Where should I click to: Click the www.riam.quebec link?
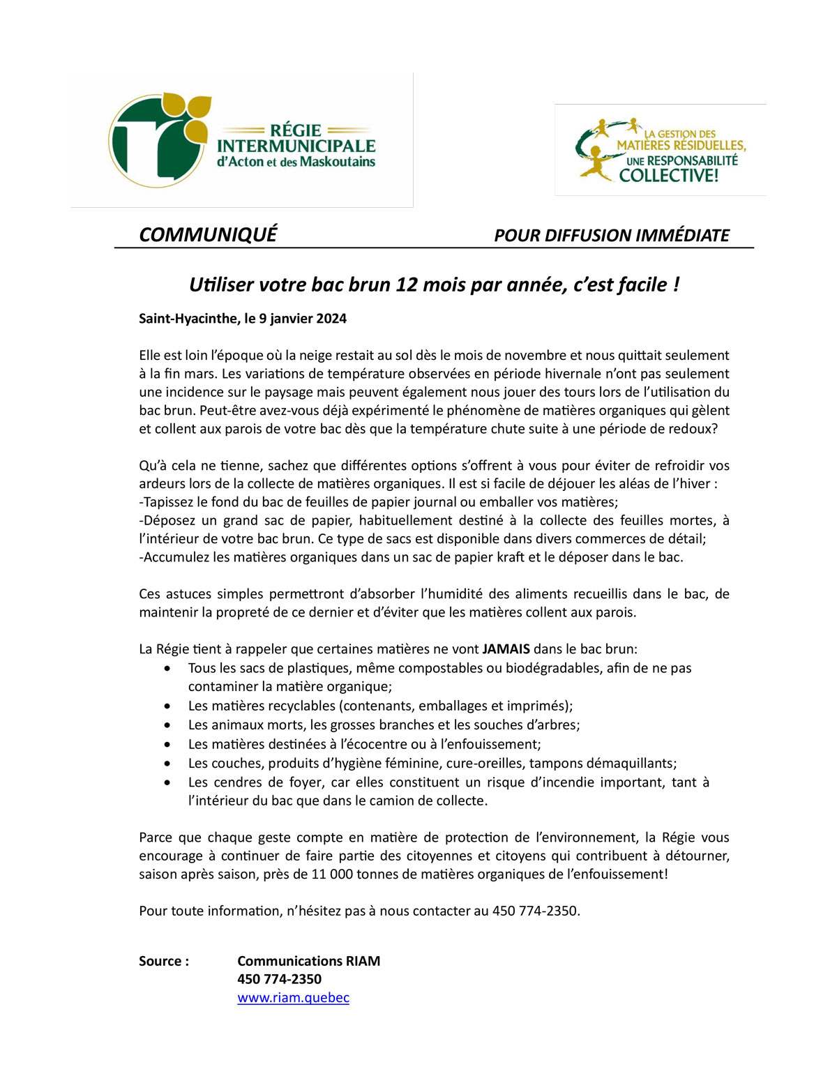click(x=293, y=998)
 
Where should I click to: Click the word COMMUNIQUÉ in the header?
click(x=208, y=234)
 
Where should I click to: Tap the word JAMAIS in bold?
click(x=506, y=649)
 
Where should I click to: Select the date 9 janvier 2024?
click(x=303, y=319)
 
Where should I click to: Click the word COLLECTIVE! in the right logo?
click(x=668, y=175)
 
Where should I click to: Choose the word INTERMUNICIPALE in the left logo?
click(x=296, y=146)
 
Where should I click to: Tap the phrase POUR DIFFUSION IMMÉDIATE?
click(x=612, y=235)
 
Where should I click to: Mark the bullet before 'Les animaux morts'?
click(x=167, y=725)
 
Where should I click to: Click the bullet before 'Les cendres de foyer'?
click(x=167, y=782)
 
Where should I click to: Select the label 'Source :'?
click(x=164, y=961)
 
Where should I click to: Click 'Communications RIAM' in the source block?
click(x=308, y=961)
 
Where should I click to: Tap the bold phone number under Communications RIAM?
click(x=279, y=979)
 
